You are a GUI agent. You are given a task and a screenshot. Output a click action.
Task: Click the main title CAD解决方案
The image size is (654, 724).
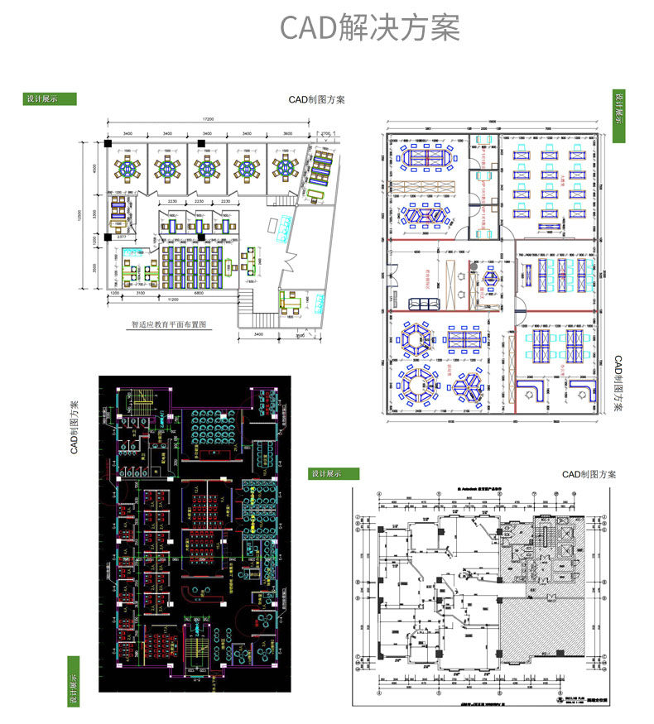(368, 27)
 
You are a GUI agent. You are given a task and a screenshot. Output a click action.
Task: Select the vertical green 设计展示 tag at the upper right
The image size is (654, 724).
(618, 116)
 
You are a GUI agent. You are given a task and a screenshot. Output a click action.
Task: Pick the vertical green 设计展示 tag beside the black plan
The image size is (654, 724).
(73, 680)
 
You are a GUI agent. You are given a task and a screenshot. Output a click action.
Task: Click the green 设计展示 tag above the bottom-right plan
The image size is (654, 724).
(334, 473)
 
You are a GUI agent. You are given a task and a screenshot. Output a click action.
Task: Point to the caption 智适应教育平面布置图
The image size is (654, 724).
(167, 325)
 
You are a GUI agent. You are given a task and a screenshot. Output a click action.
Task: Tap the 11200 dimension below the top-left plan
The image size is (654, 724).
(174, 299)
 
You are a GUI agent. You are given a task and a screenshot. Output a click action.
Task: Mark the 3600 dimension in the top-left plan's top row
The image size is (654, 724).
(287, 133)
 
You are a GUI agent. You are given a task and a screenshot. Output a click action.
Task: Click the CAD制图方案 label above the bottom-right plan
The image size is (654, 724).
(589, 474)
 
